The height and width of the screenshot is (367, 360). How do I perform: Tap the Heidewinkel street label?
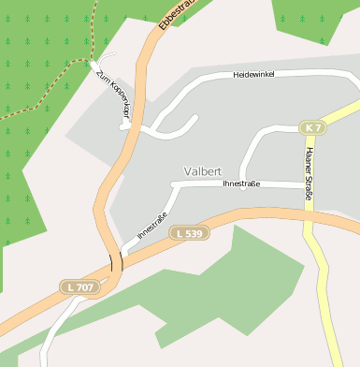253,74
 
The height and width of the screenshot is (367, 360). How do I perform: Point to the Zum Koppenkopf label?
113,97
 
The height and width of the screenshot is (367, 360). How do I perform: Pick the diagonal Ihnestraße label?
152,227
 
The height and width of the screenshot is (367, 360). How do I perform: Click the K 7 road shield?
312,126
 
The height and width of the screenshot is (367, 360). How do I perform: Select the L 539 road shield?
188,233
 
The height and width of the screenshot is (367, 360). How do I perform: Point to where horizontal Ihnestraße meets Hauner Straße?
308,185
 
